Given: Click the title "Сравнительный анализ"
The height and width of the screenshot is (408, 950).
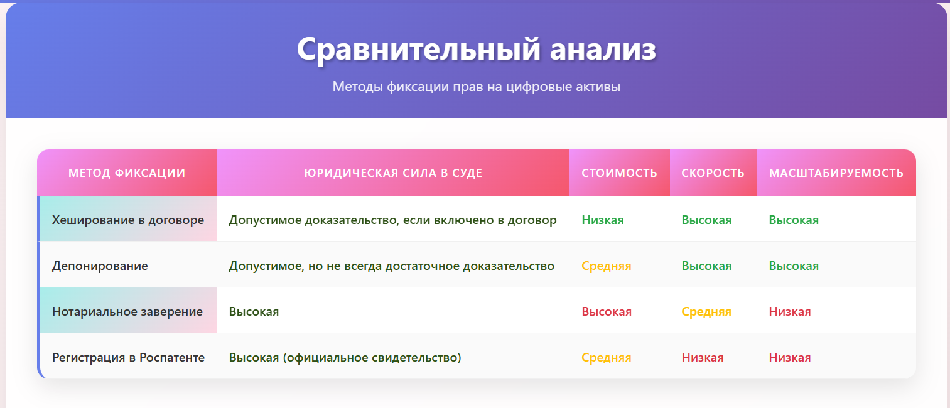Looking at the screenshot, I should point(476,49).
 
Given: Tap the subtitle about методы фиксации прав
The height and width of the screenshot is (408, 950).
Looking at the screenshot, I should point(476,87).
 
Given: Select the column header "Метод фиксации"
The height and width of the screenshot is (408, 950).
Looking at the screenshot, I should point(127,173).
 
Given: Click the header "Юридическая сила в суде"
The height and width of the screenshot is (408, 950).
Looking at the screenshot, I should point(393,173).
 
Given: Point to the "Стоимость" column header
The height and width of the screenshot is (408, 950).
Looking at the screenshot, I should point(619,173).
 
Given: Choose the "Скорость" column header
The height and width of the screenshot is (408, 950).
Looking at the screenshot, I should point(713,173).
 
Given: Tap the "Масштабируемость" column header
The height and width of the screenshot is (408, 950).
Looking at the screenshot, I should point(836,173).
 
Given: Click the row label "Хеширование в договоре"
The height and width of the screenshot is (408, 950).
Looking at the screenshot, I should point(128,220).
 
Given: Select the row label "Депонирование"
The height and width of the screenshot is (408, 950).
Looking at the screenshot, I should point(100,266).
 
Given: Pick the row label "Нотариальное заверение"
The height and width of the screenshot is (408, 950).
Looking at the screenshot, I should point(127,312).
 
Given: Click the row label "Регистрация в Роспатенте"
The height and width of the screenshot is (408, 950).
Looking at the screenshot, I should point(128,358).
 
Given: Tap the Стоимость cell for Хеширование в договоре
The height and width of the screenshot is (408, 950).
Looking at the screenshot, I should point(603,220).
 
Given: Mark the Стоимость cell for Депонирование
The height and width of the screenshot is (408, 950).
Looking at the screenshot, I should point(606,266).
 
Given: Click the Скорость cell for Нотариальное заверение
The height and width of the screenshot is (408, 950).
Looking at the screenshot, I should point(706,312).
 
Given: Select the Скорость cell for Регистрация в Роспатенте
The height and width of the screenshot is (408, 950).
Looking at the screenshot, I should point(703,358).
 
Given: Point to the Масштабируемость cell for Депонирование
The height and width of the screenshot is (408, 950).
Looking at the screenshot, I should point(794,266).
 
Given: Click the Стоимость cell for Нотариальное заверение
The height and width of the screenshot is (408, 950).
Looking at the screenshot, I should point(607,312).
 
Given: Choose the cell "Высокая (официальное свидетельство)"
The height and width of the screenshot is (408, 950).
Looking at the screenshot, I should point(345,358).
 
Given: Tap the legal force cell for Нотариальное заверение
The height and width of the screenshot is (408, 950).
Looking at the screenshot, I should point(254,312).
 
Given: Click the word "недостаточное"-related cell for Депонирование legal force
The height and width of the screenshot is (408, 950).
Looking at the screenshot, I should point(391,266).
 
